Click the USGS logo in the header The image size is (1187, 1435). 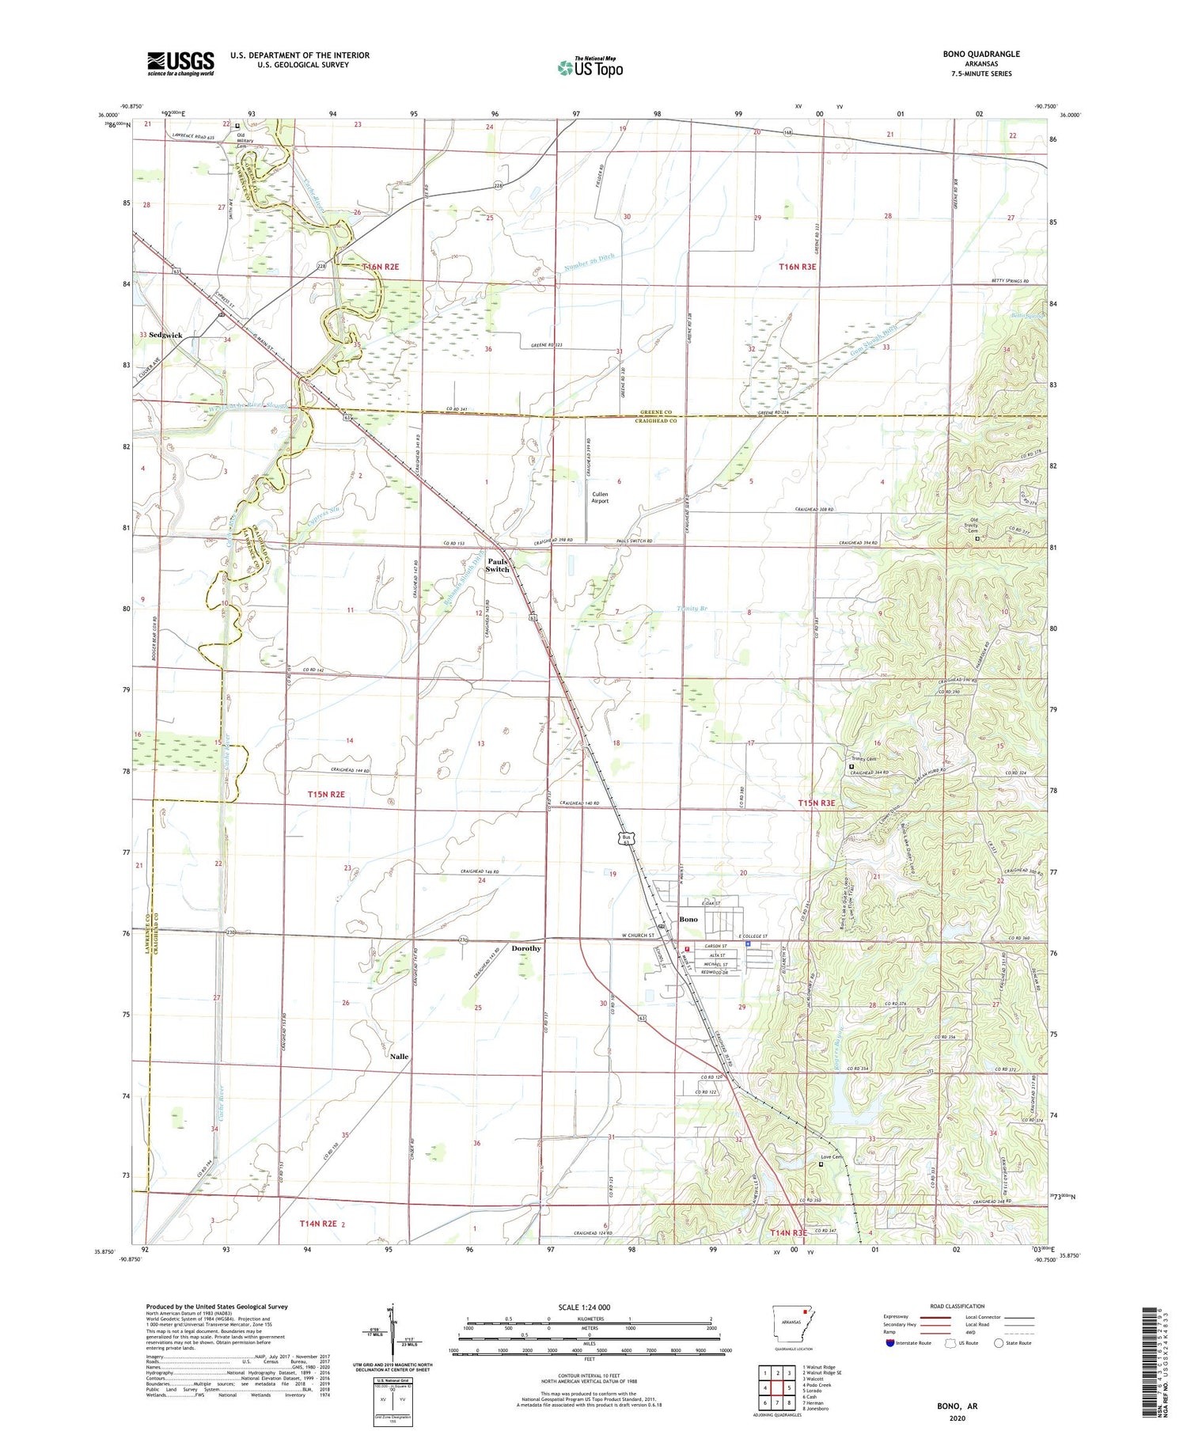[180, 63]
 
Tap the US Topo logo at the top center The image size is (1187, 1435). [590, 67]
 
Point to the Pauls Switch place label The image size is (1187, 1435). [498, 565]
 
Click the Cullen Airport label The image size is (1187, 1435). [600, 497]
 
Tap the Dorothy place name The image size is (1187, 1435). [526, 948]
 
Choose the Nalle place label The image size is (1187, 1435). [399, 1057]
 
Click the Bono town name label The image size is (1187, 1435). [688, 919]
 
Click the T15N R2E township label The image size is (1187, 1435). [327, 794]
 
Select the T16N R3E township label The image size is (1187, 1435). [797, 268]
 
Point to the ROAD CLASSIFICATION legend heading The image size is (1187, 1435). [957, 1306]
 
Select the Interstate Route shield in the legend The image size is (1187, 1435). [889, 1343]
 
